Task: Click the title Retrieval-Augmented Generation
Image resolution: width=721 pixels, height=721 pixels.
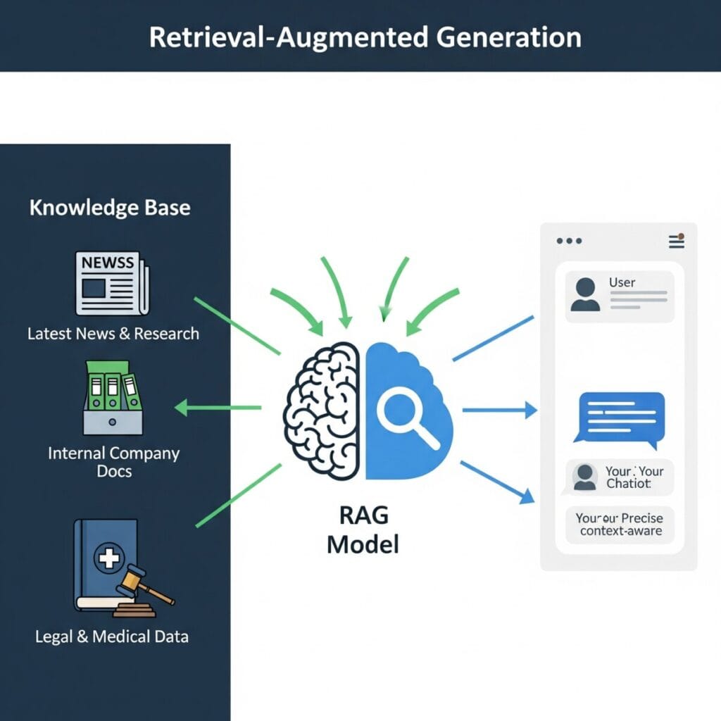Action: [365, 37]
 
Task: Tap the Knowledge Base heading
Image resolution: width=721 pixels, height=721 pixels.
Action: [110, 208]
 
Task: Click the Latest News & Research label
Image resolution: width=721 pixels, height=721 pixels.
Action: [113, 333]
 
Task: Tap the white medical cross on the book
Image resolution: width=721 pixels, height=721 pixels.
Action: [109, 559]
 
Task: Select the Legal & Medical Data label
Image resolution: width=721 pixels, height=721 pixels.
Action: [112, 637]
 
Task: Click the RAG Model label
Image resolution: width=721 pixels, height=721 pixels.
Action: [363, 530]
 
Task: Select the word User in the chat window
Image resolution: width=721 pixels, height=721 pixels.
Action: [622, 282]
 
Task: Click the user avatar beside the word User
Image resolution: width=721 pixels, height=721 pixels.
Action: [585, 294]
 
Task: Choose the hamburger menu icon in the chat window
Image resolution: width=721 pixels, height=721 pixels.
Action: [676, 241]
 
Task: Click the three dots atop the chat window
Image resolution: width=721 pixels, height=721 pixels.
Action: [569, 241]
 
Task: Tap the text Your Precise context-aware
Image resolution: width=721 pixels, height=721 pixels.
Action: [620, 525]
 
